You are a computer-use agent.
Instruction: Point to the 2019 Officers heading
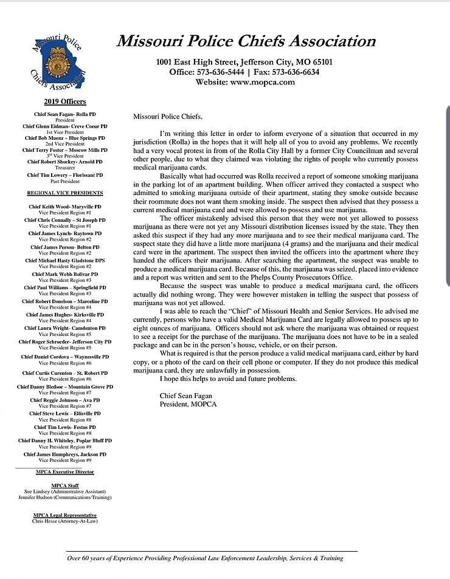[64, 101]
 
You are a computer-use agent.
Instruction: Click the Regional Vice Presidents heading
[65, 193]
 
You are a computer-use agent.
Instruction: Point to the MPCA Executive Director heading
[65, 471]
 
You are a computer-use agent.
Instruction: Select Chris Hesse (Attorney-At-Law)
[65, 521]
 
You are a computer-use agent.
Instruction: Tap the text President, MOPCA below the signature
[188, 404]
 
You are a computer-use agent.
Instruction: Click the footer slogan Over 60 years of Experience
[205, 558]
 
